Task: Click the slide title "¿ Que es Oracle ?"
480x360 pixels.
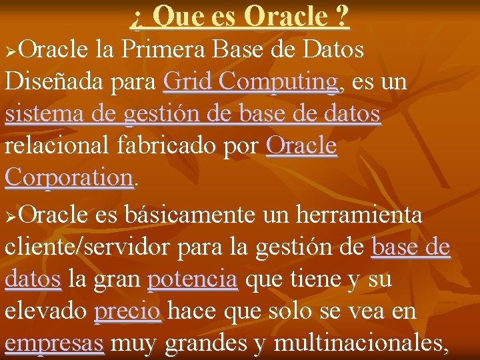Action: [240, 16]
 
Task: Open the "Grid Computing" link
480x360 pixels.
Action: [251, 82]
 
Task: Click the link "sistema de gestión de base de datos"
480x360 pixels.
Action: [193, 114]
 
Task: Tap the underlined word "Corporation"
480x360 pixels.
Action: [69, 177]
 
